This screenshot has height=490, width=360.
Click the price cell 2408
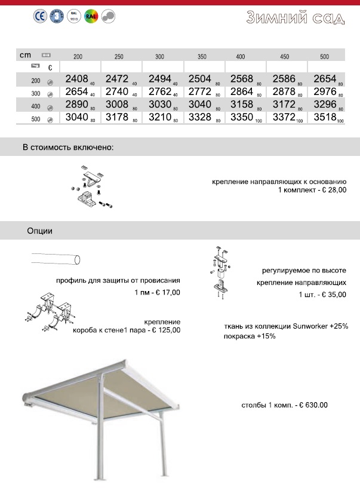(x=75, y=79)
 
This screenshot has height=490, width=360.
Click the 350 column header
(x=202, y=57)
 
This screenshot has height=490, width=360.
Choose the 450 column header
(x=284, y=57)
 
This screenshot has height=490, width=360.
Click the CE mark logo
(x=39, y=17)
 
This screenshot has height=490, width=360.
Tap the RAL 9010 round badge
(x=74, y=17)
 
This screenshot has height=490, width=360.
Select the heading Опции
(x=39, y=230)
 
